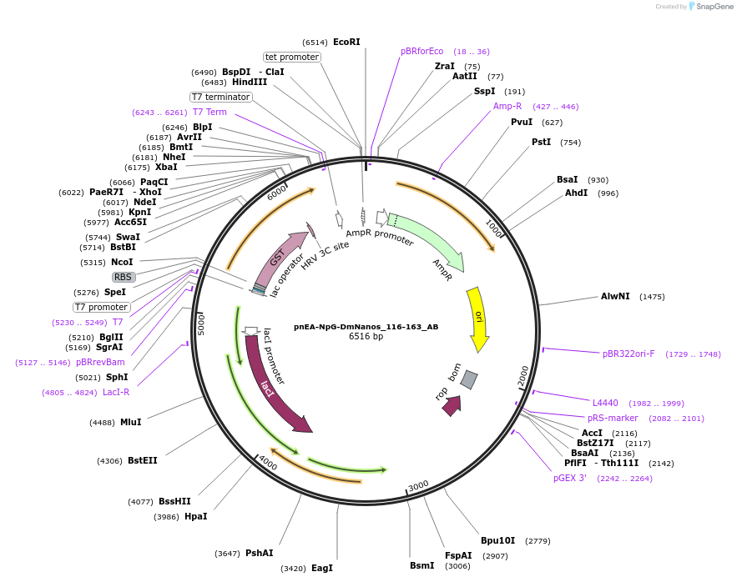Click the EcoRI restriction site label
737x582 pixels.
346,42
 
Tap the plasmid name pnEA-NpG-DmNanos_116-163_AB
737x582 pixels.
366,327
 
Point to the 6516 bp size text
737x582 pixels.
366,337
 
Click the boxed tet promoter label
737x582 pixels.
292,57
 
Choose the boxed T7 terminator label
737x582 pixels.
220,97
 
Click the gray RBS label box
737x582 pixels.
124,277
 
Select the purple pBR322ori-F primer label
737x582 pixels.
628,354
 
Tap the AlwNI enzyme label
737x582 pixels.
616,296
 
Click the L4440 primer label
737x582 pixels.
605,403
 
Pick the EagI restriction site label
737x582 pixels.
322,568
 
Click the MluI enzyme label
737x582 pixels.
131,422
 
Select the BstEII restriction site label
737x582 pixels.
142,460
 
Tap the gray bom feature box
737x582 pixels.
469,379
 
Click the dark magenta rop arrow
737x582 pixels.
452,406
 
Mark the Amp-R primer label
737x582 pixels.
507,106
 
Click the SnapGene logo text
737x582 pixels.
714,6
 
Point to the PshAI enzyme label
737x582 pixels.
259,553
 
